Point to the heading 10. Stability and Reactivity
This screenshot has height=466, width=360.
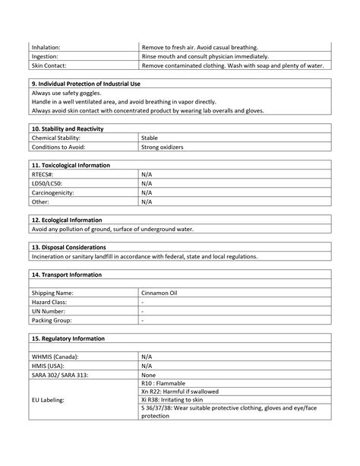tap(68, 128)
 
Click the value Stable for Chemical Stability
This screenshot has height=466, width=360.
tap(150, 138)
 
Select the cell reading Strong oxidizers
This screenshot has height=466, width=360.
tap(163, 147)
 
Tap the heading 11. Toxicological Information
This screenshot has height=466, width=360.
tap(71, 164)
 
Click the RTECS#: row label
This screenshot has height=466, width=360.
tap(43, 174)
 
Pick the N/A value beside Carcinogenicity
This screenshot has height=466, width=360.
tap(147, 192)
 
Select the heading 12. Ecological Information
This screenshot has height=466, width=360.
tap(67, 220)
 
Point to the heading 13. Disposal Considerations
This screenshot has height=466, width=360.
tap(69, 247)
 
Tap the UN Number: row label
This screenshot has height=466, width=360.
tap(48, 311)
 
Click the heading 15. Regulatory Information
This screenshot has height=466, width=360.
tap(68, 338)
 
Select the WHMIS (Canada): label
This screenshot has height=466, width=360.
tap(55, 356)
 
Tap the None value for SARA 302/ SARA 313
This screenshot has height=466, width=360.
tap(149, 374)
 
